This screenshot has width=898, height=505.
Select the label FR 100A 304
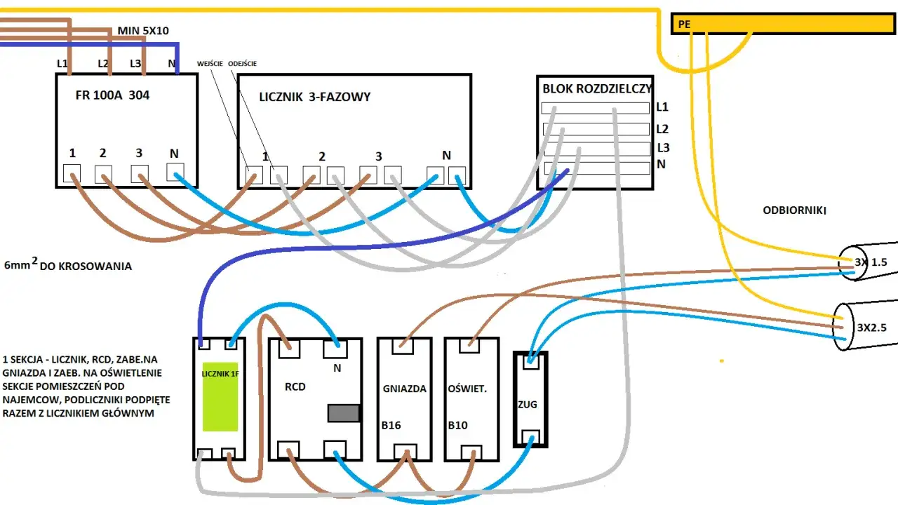point(112,95)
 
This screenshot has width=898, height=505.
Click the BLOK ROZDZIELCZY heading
point(597,89)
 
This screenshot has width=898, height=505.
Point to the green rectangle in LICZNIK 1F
point(220,397)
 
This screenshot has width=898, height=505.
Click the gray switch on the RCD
point(344,413)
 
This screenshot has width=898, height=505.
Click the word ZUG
point(528,404)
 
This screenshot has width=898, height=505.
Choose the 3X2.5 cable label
point(871,328)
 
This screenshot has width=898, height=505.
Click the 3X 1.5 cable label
point(871,262)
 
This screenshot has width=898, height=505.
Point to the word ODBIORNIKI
point(793,210)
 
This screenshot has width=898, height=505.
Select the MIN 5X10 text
point(143,31)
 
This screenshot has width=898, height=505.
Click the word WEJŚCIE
point(210,64)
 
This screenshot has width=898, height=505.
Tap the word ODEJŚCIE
point(243,64)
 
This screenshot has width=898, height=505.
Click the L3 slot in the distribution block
point(595,149)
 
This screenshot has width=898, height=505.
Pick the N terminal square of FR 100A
point(175,172)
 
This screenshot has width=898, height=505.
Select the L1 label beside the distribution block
point(662,107)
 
